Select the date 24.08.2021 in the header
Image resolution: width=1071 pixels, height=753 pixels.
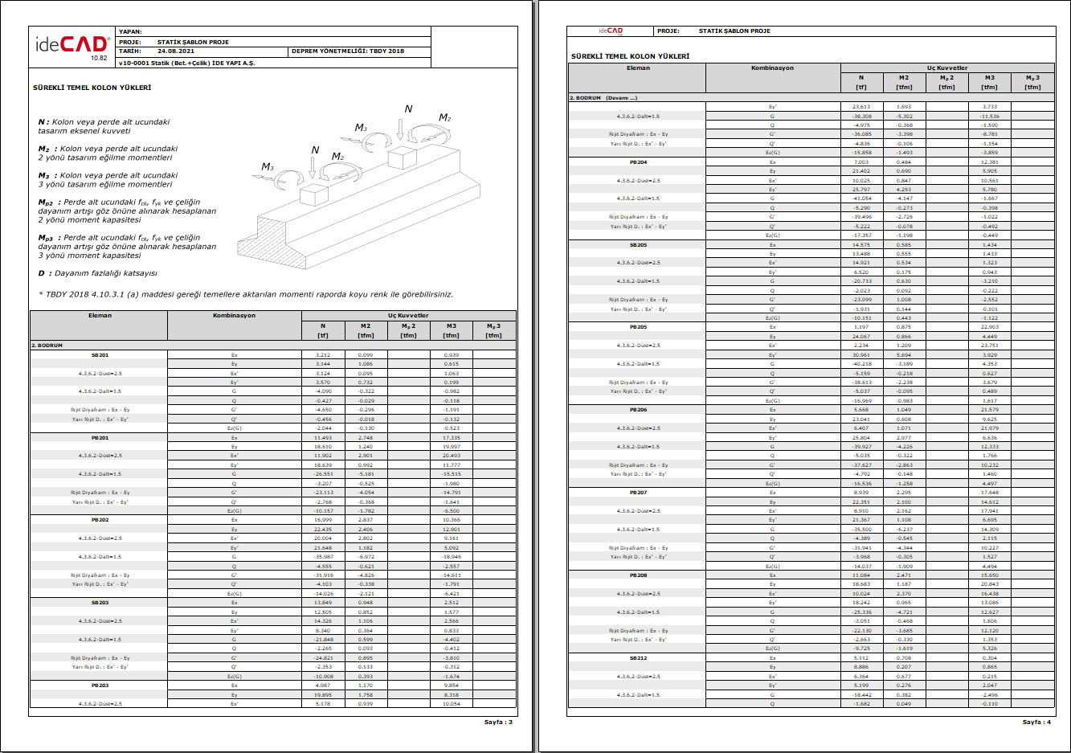tap(176, 51)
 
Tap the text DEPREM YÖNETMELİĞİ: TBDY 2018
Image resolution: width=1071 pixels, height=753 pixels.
tap(348, 51)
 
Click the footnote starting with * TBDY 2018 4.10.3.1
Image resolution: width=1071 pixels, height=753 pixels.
tap(246, 294)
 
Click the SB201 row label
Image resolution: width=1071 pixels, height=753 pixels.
tap(100, 354)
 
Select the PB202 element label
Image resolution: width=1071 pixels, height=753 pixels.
tap(100, 520)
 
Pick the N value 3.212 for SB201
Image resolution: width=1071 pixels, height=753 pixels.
tap(323, 354)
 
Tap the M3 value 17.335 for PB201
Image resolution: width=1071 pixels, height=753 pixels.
tap(451, 438)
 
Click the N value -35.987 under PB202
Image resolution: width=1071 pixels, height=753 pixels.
tap(323, 556)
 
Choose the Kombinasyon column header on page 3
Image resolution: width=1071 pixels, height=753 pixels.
tap(234, 315)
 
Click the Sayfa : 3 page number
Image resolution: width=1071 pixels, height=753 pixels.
tap(498, 722)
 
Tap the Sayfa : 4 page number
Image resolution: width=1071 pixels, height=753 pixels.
tap(1036, 722)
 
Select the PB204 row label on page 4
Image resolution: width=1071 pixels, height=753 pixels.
tap(638, 162)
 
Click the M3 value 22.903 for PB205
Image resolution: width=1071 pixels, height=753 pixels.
tap(989, 327)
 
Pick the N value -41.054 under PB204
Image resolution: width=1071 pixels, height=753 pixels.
tap(861, 198)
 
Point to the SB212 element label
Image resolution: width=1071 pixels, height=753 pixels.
tap(638, 657)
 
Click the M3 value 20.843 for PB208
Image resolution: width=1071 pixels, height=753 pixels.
tap(989, 584)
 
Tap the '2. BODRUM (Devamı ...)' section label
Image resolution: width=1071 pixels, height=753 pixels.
tap(604, 98)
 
